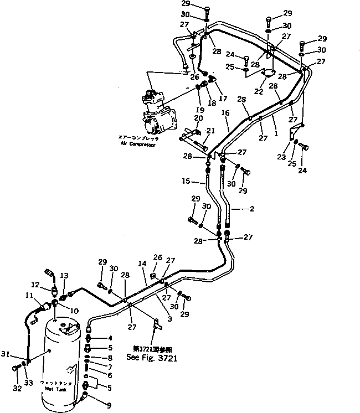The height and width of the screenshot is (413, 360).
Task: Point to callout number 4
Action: coord(110,338)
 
